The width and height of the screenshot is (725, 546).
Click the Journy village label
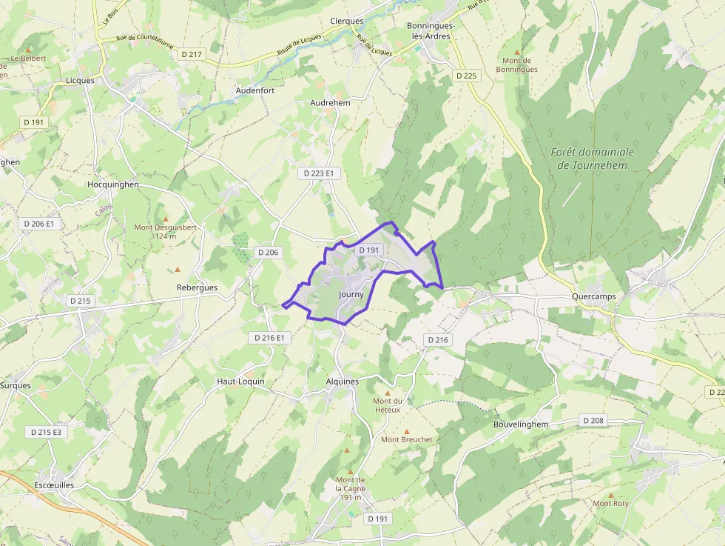click(x=351, y=294)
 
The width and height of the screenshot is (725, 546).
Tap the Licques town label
click(x=80, y=80)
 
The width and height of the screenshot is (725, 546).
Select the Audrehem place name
click(x=331, y=102)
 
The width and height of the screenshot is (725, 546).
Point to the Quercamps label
click(x=594, y=296)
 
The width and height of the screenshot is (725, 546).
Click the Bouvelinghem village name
click(x=521, y=425)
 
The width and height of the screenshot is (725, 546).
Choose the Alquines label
click(x=342, y=382)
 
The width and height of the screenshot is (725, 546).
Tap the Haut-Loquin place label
click(x=240, y=382)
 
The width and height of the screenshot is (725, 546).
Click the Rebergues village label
click(x=197, y=287)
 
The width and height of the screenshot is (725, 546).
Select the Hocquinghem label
click(x=113, y=184)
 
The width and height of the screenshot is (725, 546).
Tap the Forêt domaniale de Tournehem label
click(x=593, y=158)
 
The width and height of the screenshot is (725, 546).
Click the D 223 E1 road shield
click(x=319, y=173)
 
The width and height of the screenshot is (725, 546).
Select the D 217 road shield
click(x=191, y=54)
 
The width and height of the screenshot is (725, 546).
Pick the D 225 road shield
click(x=467, y=76)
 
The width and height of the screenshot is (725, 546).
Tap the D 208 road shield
click(x=593, y=420)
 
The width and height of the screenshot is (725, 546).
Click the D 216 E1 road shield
click(x=269, y=338)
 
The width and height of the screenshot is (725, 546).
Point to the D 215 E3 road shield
click(x=46, y=431)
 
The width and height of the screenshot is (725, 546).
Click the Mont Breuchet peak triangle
click(x=406, y=430)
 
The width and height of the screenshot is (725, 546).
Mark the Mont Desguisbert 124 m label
click(x=166, y=231)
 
